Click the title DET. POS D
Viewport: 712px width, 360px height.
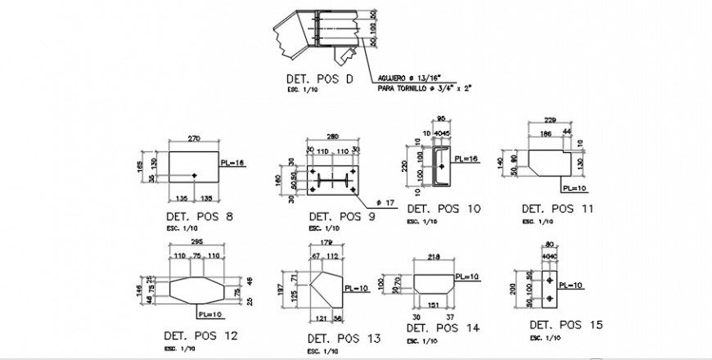tap(319, 79)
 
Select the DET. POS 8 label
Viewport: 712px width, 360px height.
tap(199, 216)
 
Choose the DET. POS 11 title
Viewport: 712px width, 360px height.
tap(557, 209)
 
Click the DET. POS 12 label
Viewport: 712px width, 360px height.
tap(201, 335)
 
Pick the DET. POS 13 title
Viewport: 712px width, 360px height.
tap(344, 337)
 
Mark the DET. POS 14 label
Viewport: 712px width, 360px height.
tap(442, 327)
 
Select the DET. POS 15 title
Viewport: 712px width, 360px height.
tap(566, 326)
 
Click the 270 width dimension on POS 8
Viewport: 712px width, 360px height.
tap(194, 138)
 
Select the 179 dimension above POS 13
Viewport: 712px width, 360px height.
tap(327, 242)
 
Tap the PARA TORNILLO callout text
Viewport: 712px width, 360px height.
tap(426, 88)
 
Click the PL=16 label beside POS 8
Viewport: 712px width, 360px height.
tap(233, 163)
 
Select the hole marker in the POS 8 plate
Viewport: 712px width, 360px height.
tap(194, 176)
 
